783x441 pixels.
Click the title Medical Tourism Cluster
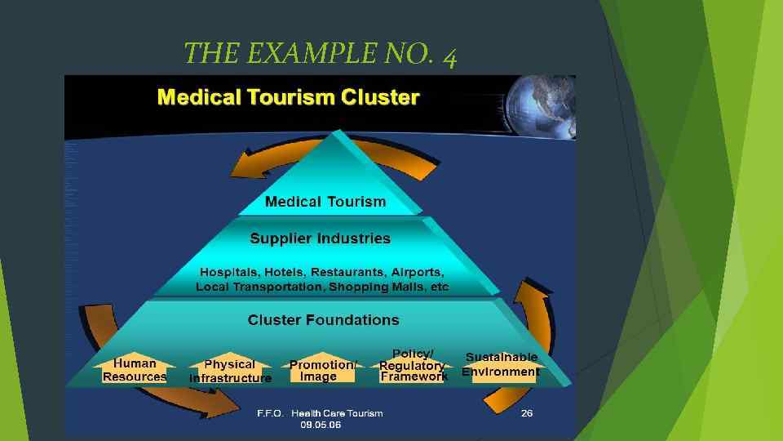(x=288, y=99)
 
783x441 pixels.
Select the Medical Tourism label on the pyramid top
(x=325, y=201)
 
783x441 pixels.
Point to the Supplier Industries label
(x=320, y=238)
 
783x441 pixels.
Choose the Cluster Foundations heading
(x=323, y=319)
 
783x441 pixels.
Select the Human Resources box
(x=135, y=370)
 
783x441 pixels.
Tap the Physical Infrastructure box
(x=230, y=371)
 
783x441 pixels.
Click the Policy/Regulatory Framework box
(x=413, y=365)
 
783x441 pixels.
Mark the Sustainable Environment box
(x=501, y=365)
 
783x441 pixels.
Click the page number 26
(x=527, y=413)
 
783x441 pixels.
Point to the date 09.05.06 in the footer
(x=321, y=425)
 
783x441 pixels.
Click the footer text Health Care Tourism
(x=337, y=413)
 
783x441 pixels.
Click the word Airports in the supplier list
(x=417, y=272)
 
